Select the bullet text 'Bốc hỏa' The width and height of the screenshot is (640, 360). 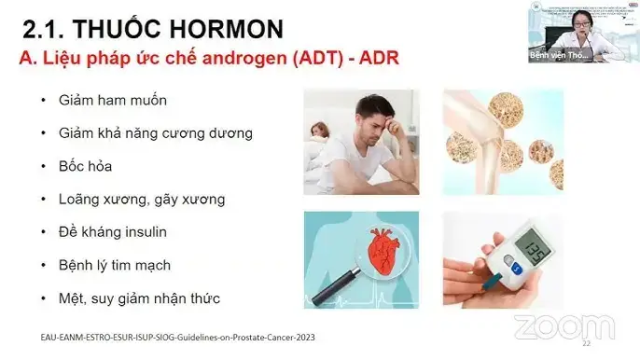click(x=84, y=165)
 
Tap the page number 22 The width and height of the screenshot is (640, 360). click(x=586, y=344)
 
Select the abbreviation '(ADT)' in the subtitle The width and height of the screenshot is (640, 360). click(x=319, y=58)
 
